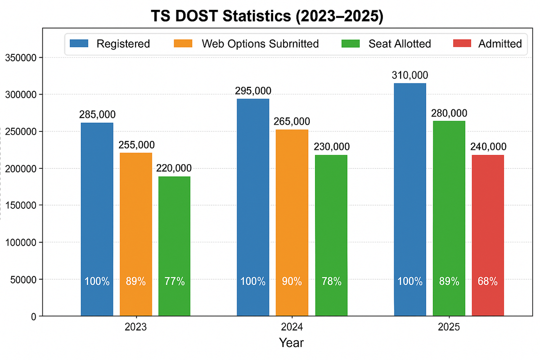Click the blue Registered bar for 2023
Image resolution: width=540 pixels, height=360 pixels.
[x=97, y=216]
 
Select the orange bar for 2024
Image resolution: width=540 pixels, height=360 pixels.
[x=292, y=220]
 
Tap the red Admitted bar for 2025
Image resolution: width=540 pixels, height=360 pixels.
[x=488, y=234]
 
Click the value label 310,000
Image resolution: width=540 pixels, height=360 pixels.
[x=409, y=75]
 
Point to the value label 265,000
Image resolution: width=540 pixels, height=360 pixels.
[x=292, y=121]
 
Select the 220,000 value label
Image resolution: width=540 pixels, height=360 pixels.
[x=174, y=168]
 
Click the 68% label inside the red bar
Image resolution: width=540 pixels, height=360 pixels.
[x=488, y=282]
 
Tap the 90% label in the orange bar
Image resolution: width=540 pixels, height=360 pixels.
[x=292, y=282]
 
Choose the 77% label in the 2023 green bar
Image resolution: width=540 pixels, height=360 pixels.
[x=174, y=282]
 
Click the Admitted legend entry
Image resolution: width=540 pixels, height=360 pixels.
[x=500, y=44]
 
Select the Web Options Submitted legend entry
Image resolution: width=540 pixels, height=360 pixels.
[x=260, y=44]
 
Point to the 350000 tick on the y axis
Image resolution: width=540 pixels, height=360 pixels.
[x=22, y=58]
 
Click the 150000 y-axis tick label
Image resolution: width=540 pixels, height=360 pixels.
[x=22, y=205]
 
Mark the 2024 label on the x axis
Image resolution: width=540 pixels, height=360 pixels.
[x=292, y=327]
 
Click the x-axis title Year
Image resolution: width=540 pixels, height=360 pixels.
[x=292, y=343]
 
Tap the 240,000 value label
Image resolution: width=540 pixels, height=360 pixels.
[x=488, y=147]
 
